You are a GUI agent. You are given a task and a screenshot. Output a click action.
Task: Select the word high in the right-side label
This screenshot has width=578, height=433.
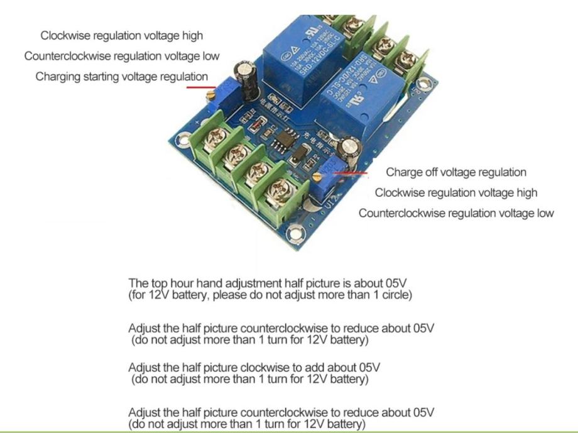(x=525, y=192)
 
